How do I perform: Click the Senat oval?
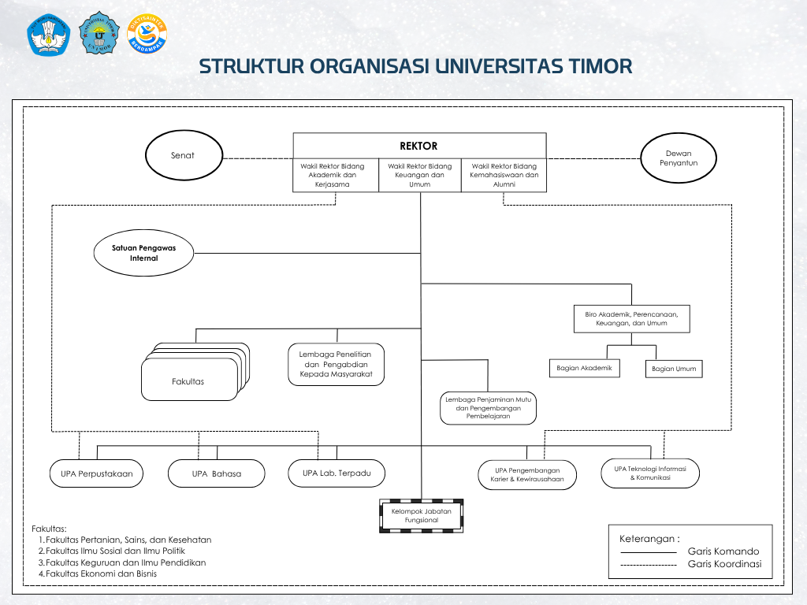[x=182, y=155]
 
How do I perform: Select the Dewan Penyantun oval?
[x=679, y=158]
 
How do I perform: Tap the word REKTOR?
[x=418, y=146]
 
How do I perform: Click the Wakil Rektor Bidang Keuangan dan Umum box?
[x=420, y=175]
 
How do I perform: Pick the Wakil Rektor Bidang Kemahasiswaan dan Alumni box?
[x=504, y=175]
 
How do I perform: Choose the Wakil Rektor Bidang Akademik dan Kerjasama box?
[x=336, y=175]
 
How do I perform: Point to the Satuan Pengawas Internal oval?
[x=143, y=253]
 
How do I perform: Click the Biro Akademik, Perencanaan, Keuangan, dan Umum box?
[x=631, y=318]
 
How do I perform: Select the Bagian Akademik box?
[x=584, y=368]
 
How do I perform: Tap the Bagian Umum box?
[x=674, y=369]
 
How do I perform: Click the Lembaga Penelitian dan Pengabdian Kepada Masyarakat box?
[x=336, y=364]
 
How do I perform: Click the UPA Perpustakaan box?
[x=97, y=473]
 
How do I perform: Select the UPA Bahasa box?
[x=216, y=473]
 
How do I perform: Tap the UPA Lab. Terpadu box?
[x=336, y=473]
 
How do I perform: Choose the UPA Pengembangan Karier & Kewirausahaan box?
[x=527, y=474]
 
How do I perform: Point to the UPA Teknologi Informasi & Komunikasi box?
[x=650, y=473]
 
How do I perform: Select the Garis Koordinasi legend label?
[x=723, y=564]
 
